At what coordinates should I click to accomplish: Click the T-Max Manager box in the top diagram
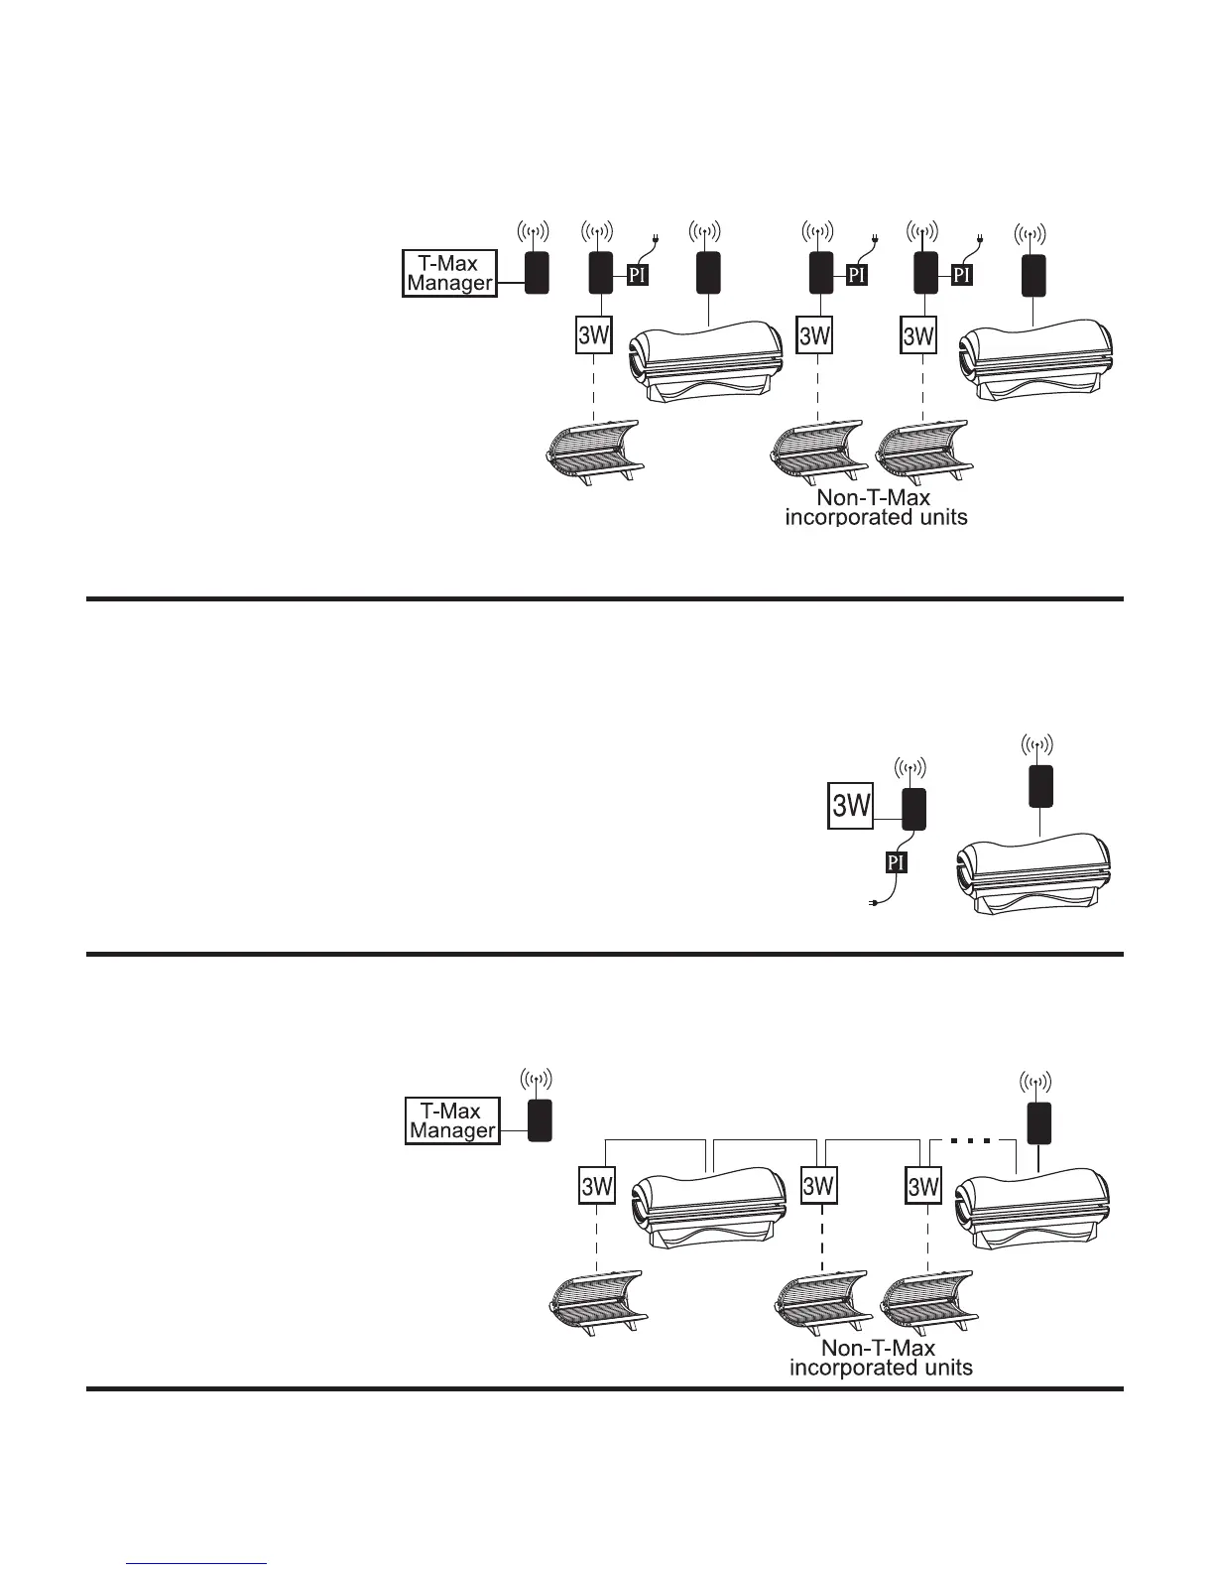click(449, 273)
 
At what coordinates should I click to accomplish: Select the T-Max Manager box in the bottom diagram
click(452, 1120)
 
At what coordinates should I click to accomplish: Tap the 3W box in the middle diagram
click(850, 806)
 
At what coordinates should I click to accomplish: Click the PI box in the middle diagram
click(896, 861)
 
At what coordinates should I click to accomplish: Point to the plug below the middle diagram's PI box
click(873, 902)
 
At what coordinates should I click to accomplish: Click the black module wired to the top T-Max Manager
click(536, 272)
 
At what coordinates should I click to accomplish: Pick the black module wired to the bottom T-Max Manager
click(539, 1120)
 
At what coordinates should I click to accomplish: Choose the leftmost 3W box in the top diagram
click(593, 335)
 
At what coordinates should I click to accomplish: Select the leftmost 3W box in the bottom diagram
click(596, 1186)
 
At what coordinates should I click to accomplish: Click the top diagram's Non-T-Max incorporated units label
click(876, 507)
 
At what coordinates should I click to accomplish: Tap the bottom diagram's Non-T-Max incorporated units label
click(880, 1358)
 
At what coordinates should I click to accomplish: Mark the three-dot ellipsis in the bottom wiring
click(971, 1140)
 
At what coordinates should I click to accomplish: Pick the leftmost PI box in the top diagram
click(637, 274)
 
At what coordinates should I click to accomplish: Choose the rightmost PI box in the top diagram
click(960, 274)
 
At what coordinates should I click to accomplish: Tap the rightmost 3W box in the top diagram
click(918, 335)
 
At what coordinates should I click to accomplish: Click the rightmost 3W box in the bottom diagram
click(923, 1186)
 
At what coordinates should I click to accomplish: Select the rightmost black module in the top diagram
click(1034, 272)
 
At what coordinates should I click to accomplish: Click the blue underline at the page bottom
click(198, 1564)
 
